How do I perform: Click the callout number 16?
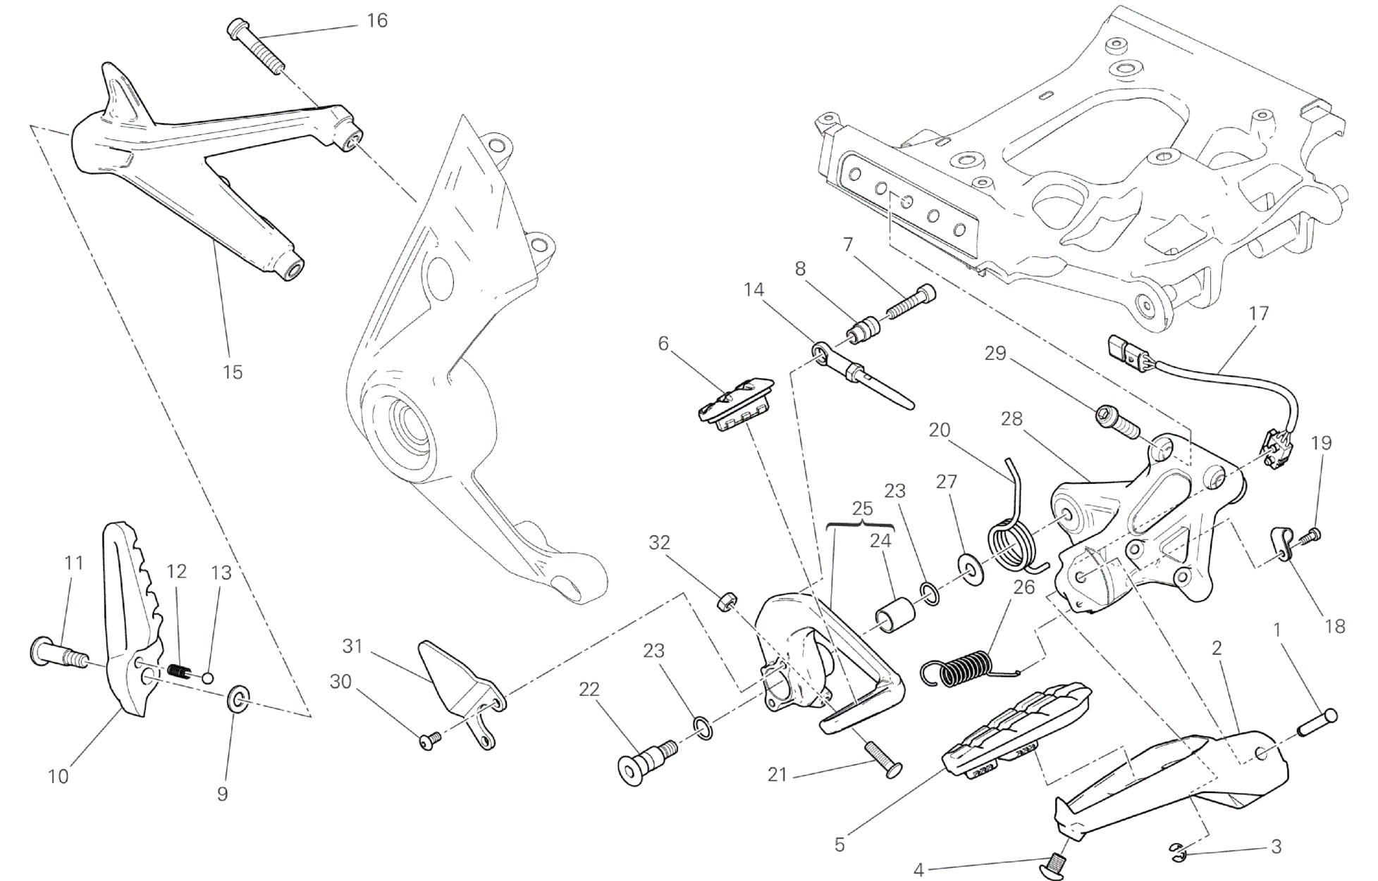click(x=377, y=20)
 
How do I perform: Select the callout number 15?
click(x=233, y=371)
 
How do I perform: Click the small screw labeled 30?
click(x=429, y=739)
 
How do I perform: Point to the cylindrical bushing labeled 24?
click(x=895, y=615)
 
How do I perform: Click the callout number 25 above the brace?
click(x=862, y=508)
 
